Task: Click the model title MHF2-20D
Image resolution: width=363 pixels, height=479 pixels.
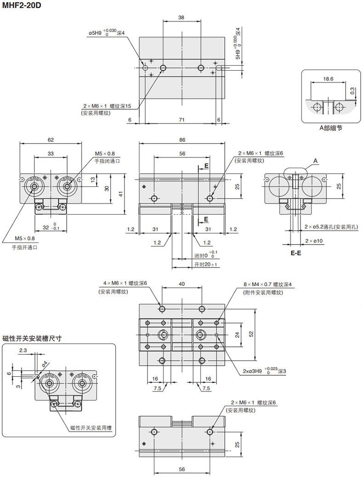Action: tap(22, 5)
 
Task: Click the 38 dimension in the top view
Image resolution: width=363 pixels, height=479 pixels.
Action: tap(181, 17)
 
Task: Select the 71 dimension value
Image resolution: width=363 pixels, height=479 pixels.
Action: tap(181, 120)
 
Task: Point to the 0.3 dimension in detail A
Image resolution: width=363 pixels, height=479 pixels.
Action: tap(352, 91)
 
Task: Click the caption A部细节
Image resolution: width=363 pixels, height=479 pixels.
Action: tap(330, 128)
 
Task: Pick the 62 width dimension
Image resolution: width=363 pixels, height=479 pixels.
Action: tap(51, 139)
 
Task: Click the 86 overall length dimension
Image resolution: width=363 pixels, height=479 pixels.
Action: tap(182, 139)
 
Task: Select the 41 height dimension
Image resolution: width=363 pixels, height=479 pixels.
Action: tap(121, 194)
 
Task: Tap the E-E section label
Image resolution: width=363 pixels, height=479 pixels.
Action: tap(296, 253)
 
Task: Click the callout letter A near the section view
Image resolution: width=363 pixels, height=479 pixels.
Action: tap(316, 161)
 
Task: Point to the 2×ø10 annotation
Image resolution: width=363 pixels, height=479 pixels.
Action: tap(314, 241)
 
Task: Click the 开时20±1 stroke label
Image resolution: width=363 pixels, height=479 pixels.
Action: tap(205, 265)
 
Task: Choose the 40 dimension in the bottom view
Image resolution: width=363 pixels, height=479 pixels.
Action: tap(181, 284)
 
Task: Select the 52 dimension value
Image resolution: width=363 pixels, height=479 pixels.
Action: tap(251, 334)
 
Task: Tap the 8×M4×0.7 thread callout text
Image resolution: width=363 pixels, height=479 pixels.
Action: tap(267, 284)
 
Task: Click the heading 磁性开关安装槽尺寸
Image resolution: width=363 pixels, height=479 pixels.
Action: tap(32, 339)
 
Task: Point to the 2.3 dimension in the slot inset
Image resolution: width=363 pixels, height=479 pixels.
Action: tap(23, 351)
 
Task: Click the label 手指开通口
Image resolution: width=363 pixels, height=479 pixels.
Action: tap(24, 247)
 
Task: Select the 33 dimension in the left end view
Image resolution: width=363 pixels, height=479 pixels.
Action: tap(51, 153)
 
